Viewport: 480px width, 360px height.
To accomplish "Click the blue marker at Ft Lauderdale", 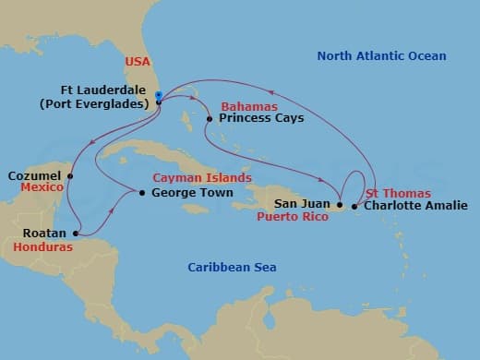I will point(159,95).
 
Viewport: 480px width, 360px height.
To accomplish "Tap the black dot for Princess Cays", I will point(210,119).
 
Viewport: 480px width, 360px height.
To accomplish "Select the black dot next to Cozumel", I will point(71,175).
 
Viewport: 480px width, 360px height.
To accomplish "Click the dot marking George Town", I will point(141,193).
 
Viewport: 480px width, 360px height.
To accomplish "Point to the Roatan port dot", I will point(75,234).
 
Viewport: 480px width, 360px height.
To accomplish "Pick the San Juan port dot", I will point(340,205).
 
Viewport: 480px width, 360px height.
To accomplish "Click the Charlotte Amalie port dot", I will point(356,205).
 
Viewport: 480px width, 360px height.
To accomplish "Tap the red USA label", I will point(137,62).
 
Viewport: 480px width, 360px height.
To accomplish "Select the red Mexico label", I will point(42,187).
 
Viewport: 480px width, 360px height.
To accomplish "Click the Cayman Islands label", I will point(202,177).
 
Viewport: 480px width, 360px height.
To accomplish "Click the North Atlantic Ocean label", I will point(381,56).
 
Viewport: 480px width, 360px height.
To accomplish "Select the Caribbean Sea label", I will point(232,268).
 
